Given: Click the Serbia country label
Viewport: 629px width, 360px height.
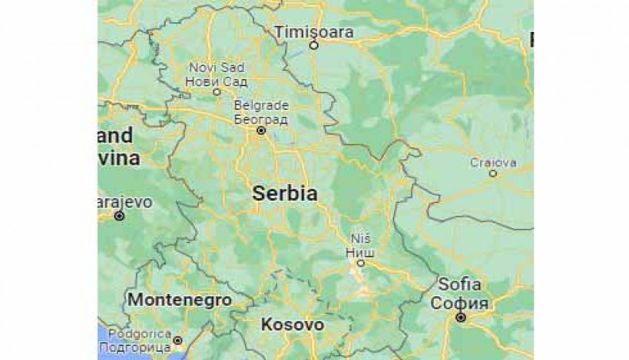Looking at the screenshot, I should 285,194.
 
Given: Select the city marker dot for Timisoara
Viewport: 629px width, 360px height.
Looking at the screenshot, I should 314,45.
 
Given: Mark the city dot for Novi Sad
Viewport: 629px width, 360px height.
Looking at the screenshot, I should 217,92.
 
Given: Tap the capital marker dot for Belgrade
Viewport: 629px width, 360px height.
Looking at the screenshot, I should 260,130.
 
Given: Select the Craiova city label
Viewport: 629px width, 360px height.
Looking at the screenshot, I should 493,162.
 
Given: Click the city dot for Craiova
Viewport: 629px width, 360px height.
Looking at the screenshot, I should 493,173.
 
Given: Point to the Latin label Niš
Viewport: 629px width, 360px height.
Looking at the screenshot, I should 361,238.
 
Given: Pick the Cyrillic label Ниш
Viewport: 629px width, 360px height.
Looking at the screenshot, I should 361,249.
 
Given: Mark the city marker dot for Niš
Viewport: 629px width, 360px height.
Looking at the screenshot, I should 361,261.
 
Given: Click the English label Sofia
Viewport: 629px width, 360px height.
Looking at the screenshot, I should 459,284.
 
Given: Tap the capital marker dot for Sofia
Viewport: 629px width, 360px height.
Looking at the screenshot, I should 460,317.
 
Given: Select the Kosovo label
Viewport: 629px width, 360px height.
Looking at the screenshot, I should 292,325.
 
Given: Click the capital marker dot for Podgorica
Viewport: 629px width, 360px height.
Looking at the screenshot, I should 178,340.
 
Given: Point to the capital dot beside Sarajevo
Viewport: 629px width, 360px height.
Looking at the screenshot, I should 119,216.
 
